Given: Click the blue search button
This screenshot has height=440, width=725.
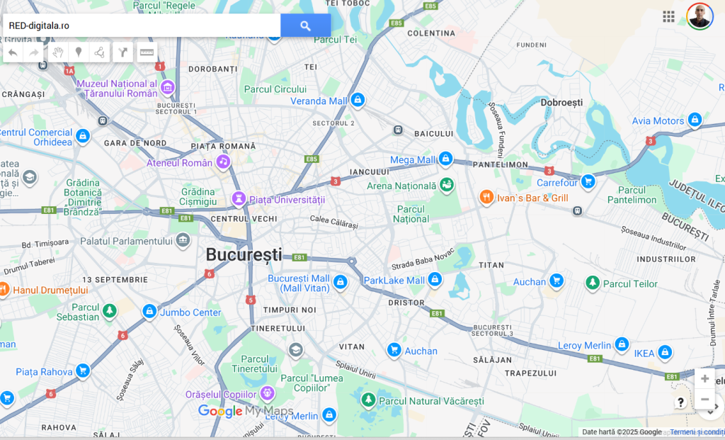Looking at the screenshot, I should [x=305, y=26].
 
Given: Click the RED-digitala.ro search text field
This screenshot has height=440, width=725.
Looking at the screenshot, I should [x=142, y=26].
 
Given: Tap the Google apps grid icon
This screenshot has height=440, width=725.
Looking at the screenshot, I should [x=668, y=16].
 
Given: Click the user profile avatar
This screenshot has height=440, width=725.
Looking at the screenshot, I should [x=700, y=16].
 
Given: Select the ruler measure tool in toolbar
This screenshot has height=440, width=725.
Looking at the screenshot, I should [x=147, y=52].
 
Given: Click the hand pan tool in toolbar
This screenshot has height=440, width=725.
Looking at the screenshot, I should [x=58, y=52].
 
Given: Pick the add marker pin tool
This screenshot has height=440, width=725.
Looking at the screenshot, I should [x=79, y=52].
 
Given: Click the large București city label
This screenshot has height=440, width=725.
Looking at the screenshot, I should [x=244, y=254].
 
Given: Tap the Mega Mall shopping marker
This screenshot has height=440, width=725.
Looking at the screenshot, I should [x=445, y=159].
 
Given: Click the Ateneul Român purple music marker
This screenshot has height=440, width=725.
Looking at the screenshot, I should [x=223, y=162].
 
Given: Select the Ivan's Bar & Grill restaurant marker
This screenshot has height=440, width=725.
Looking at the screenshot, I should [x=486, y=197].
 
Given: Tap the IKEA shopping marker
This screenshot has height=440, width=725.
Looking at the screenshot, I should [x=665, y=352].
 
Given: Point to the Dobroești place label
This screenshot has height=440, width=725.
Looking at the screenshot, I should [x=561, y=103].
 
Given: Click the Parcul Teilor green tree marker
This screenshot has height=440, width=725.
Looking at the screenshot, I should [x=593, y=283].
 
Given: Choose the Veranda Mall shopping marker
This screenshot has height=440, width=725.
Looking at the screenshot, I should [x=358, y=101].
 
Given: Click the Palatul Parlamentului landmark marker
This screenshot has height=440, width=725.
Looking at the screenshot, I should [x=183, y=241].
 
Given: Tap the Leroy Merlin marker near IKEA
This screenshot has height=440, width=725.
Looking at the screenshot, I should [x=622, y=345].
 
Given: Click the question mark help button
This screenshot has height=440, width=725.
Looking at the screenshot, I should [x=680, y=402].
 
